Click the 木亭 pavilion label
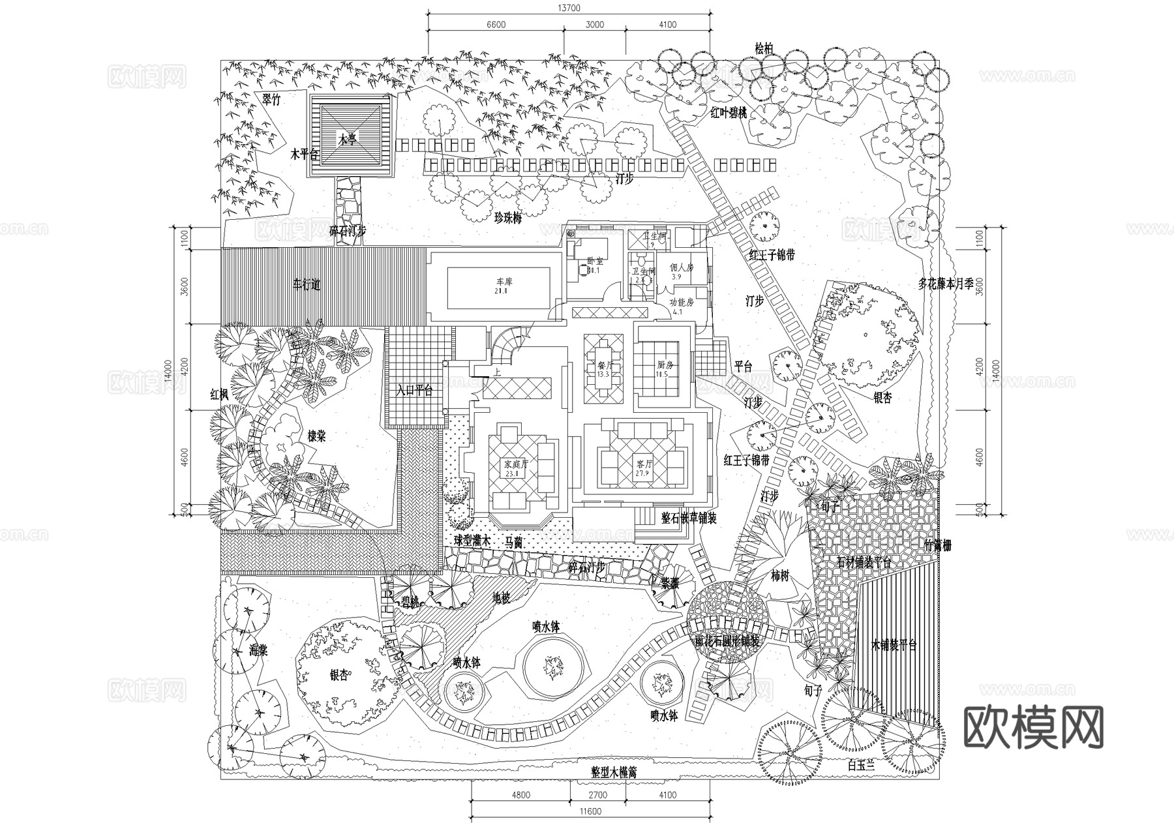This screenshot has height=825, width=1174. (x=347, y=139)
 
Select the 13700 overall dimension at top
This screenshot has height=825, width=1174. (x=569, y=8)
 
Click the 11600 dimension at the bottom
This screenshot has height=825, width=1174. (x=590, y=812)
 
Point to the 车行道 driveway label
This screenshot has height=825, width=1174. (x=307, y=285)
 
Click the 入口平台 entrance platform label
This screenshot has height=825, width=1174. (x=415, y=391)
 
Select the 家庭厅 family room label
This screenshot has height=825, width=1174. (x=515, y=465)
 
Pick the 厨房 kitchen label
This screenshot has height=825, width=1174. (x=665, y=365)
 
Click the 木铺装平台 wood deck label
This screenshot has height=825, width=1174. (x=894, y=646)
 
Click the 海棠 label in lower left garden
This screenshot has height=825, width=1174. (x=259, y=650)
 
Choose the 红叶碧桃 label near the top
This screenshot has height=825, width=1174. (x=729, y=113)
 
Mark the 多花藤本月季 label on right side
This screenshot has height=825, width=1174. (x=946, y=284)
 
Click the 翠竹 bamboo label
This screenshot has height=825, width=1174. (x=271, y=100)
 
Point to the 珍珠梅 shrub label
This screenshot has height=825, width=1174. (x=508, y=218)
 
